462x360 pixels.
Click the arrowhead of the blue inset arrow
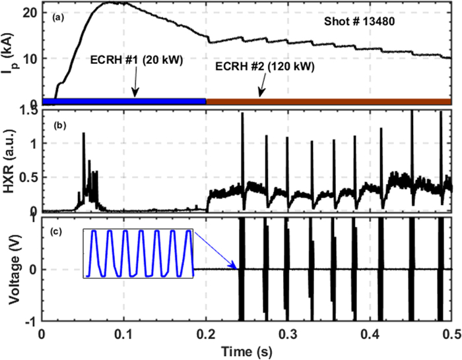(x=236, y=267)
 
